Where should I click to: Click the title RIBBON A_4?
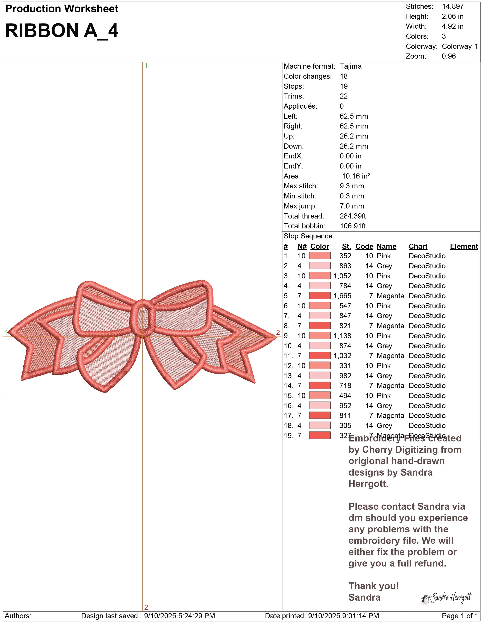point(62,31)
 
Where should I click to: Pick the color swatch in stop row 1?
point(320,256)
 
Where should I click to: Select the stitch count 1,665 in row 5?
point(342,296)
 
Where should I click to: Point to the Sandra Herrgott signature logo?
point(446,598)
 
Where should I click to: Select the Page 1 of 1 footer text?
point(460,616)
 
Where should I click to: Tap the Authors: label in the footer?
point(18,616)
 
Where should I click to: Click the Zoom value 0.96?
point(448,56)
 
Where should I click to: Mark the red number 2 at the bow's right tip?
point(278,332)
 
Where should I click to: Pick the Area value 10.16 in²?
point(356,176)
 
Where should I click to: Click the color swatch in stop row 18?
point(320,425)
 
